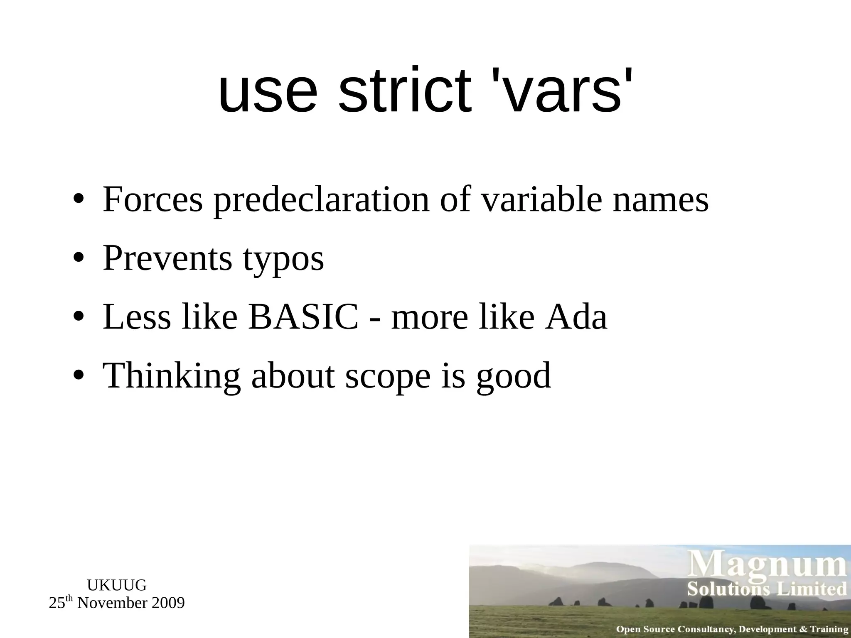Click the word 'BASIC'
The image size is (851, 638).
303,317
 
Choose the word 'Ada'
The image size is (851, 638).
576,317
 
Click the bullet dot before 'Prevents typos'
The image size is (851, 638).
79,259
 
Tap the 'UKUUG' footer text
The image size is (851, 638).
117,585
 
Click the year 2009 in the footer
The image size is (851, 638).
168,603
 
